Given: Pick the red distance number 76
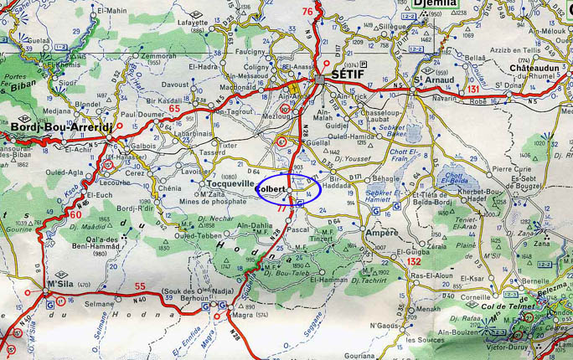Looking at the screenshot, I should tap(308, 11).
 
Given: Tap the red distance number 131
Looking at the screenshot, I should tap(474, 89).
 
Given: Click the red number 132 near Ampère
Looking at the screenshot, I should tap(413, 261).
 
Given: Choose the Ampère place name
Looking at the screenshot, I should tap(381, 233).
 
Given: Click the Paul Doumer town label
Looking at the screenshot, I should tap(141, 114).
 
